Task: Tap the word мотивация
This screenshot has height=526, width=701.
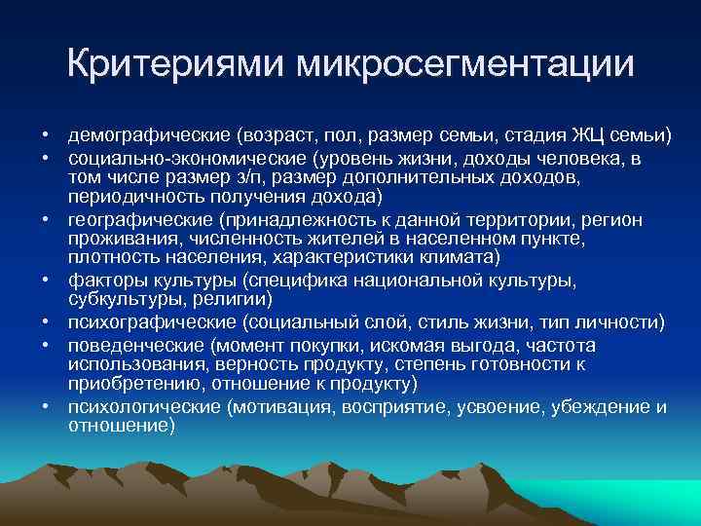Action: pyautogui.click(x=282, y=408)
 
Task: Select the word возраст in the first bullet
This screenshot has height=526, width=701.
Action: pyautogui.click(x=263, y=133)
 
